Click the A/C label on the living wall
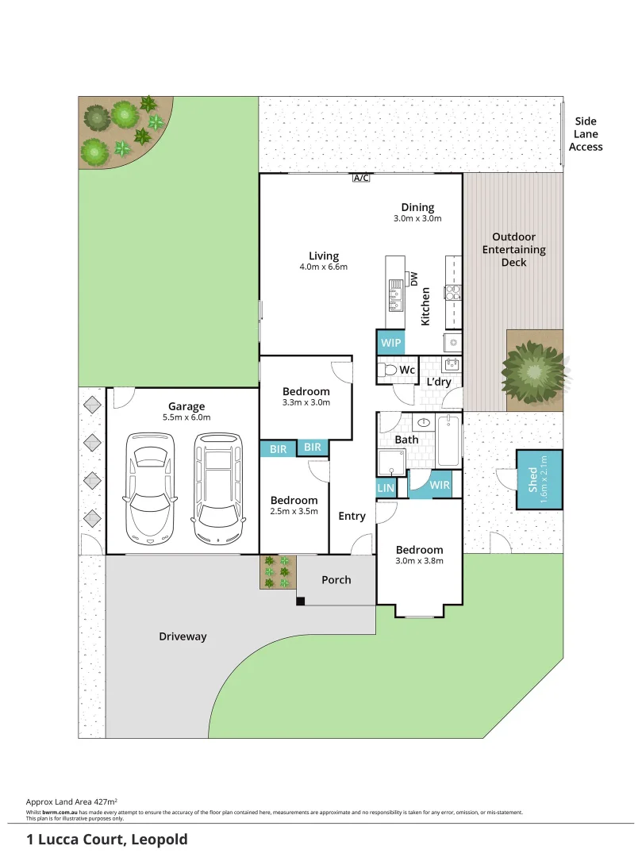coord(361,178)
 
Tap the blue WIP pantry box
coord(390,343)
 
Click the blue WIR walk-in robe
coord(440,485)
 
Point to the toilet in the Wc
coord(387,370)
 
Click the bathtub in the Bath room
coord(448,442)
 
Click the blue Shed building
coord(540,479)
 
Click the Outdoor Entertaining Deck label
coord(513,249)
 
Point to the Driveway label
coord(183,636)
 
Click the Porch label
coord(336,579)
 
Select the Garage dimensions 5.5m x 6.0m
coord(186,417)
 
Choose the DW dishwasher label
coord(413,278)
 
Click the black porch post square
coord(301,601)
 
